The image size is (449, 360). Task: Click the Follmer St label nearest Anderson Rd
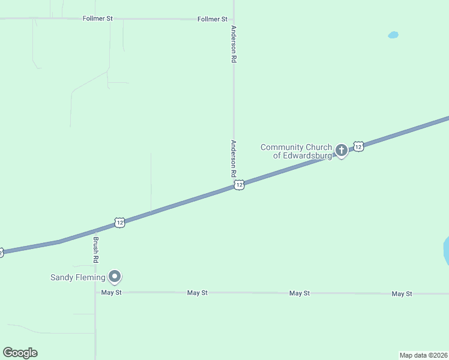[x=212, y=19]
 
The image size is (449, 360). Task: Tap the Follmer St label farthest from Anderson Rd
[x=97, y=19]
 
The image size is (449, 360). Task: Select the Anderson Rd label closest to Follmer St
[x=234, y=44]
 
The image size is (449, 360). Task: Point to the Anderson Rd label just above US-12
[x=234, y=158]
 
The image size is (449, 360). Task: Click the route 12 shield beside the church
[x=358, y=146]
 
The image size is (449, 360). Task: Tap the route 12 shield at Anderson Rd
[x=239, y=185]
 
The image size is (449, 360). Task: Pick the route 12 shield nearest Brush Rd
[x=120, y=223]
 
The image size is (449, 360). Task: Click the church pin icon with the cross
[x=342, y=151]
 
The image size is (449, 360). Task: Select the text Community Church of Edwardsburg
[x=296, y=151]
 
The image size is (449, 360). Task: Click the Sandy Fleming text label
[x=77, y=277]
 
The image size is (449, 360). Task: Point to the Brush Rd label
[x=95, y=250]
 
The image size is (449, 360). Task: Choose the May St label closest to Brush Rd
[x=112, y=293]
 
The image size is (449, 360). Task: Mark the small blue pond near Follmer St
[x=393, y=35]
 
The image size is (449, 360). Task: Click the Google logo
[x=20, y=353]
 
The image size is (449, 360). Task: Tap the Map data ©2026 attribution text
[x=423, y=355]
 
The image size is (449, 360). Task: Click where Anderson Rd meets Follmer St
[x=234, y=19]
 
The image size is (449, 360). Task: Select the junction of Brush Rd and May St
[x=95, y=293]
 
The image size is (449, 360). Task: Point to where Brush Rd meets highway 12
[x=95, y=231]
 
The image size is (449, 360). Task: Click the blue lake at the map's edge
[x=446, y=251]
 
